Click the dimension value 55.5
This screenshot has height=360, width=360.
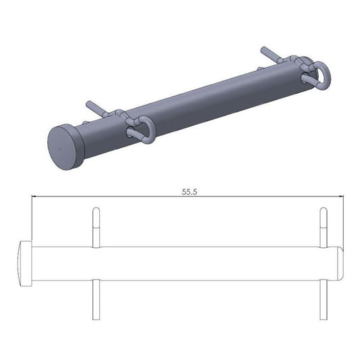click(189, 192)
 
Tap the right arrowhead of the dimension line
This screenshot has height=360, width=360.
click(342, 197)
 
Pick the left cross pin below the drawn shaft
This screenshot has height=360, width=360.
click(96, 300)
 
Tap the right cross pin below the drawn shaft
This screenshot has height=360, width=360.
click(323, 300)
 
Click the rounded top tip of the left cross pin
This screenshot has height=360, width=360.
click(96, 209)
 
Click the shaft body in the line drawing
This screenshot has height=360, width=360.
click(203, 263)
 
